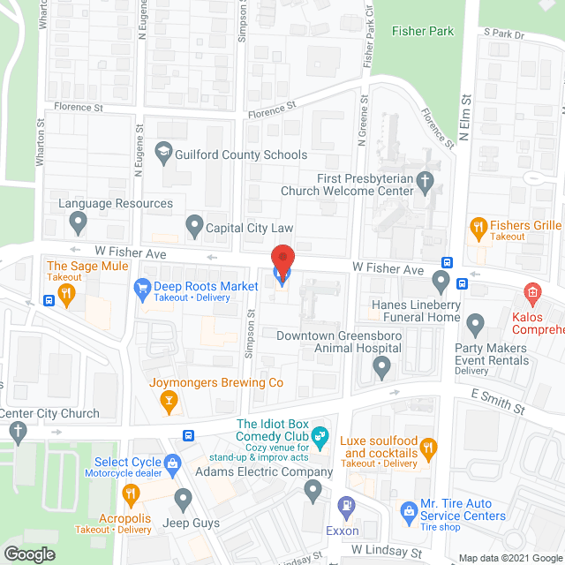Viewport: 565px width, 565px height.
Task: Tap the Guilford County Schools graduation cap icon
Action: click(x=162, y=154)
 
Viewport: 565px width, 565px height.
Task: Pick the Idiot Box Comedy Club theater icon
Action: click(x=320, y=434)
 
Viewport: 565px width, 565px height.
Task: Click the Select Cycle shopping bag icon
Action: click(x=173, y=463)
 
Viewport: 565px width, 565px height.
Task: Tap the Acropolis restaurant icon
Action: click(x=132, y=493)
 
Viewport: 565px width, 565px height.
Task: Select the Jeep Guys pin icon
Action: click(x=183, y=500)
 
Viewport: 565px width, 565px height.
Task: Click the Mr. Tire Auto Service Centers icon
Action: click(x=408, y=510)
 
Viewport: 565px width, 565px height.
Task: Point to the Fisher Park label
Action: click(x=423, y=32)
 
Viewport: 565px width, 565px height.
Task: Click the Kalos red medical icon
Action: click(x=532, y=292)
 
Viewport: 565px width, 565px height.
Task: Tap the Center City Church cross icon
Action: click(x=16, y=432)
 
